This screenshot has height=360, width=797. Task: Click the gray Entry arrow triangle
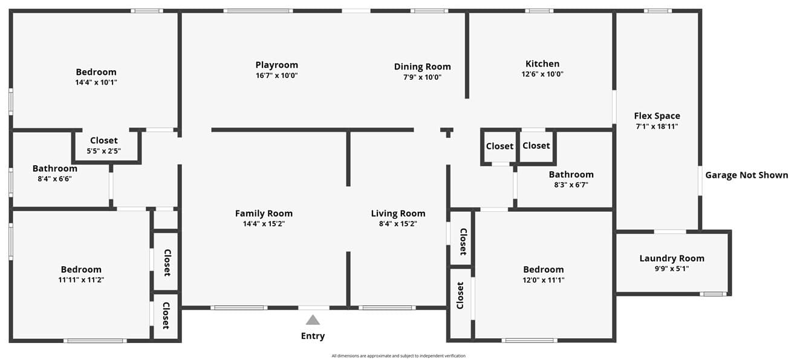pyautogui.click(x=313, y=319)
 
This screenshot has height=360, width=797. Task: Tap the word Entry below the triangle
pyautogui.click(x=313, y=336)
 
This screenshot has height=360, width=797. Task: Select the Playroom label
pyautogui.click(x=277, y=65)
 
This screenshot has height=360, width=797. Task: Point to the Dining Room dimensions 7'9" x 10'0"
pyautogui.click(x=422, y=77)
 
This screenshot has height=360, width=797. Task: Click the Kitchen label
pyautogui.click(x=542, y=64)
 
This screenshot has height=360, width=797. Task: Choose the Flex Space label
pyautogui.click(x=657, y=116)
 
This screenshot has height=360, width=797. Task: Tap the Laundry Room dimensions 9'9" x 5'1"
pyautogui.click(x=672, y=269)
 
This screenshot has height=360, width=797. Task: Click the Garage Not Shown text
pyautogui.click(x=746, y=175)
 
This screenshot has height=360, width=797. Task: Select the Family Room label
pyautogui.click(x=264, y=214)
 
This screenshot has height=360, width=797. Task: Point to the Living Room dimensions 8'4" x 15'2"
pyautogui.click(x=398, y=224)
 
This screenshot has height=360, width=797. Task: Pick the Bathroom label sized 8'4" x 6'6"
pyautogui.click(x=55, y=168)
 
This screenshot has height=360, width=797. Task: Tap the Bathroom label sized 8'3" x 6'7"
pyautogui.click(x=571, y=174)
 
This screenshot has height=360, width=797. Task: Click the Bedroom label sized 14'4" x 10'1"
pyautogui.click(x=96, y=72)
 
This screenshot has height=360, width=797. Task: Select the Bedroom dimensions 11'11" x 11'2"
pyautogui.click(x=81, y=280)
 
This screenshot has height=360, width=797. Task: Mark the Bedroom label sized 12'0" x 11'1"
pyautogui.click(x=543, y=269)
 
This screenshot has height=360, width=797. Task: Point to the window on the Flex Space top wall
pyautogui.click(x=657, y=11)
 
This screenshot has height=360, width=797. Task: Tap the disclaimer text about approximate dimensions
pyautogui.click(x=398, y=356)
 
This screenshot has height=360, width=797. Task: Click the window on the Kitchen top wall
pyautogui.click(x=539, y=11)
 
